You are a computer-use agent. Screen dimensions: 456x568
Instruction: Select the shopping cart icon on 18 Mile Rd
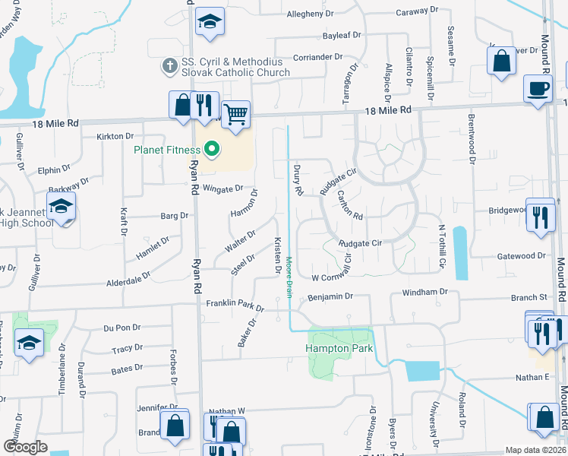coord(236,114)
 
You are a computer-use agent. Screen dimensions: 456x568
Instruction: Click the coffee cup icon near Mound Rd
coord(538,88)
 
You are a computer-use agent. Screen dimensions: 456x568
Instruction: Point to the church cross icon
coord(168,66)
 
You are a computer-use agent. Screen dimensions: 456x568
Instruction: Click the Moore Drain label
coord(289,277)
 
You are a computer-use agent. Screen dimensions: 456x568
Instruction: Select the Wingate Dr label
coord(222,188)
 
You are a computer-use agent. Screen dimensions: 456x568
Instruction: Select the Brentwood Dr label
coord(472,138)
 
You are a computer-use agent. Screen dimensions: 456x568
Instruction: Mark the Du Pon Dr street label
coord(122,328)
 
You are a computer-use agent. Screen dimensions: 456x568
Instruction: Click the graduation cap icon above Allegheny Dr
coord(209,22)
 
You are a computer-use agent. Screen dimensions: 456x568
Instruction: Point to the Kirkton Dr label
coord(115,136)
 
